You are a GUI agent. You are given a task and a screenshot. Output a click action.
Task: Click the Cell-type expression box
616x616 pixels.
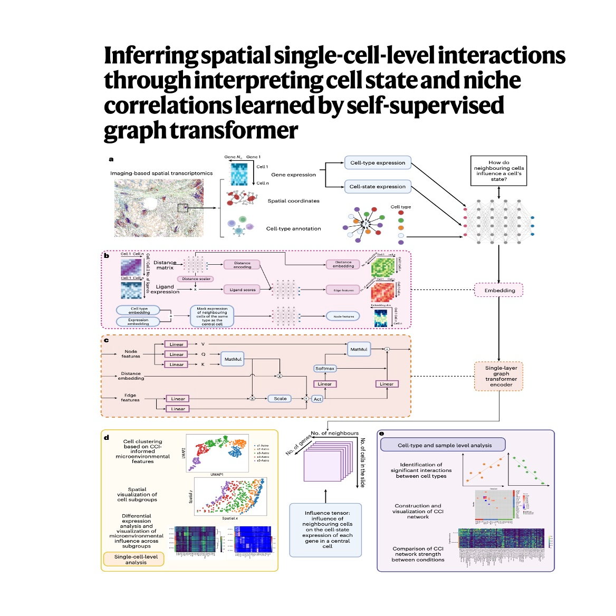[x=378, y=162]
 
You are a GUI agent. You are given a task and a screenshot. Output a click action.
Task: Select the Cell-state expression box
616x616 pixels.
[x=378, y=186]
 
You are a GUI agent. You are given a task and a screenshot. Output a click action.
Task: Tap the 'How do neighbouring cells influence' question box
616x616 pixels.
[x=498, y=171]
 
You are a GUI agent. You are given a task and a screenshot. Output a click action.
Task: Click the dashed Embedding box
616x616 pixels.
[x=499, y=290]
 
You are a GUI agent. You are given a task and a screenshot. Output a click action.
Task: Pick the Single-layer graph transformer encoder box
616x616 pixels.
[x=501, y=376]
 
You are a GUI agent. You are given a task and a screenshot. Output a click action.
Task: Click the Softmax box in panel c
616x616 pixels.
[x=325, y=369]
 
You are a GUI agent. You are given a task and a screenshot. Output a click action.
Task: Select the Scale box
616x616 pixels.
[x=280, y=399]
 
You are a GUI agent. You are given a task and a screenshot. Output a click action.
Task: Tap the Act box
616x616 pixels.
[x=317, y=399]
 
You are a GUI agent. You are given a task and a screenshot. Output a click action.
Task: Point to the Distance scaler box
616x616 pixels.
[x=196, y=279]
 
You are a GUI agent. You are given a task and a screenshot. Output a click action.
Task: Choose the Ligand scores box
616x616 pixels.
[x=243, y=290]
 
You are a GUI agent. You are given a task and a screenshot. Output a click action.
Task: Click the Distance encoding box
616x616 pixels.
[x=242, y=265]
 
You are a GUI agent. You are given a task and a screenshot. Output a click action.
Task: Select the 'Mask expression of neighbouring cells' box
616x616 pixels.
[x=212, y=316]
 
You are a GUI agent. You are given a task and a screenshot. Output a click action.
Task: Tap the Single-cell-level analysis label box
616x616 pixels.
[x=136, y=560]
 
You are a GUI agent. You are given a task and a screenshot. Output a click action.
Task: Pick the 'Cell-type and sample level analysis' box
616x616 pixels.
[x=444, y=445]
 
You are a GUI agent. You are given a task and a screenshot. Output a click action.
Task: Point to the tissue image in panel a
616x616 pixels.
[x=158, y=208]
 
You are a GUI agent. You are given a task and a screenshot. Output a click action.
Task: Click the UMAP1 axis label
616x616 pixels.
[x=217, y=474]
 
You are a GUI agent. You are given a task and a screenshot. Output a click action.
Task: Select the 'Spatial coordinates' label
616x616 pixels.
[x=293, y=201]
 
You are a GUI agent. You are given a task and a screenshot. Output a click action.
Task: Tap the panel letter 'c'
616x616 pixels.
[x=107, y=340]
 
